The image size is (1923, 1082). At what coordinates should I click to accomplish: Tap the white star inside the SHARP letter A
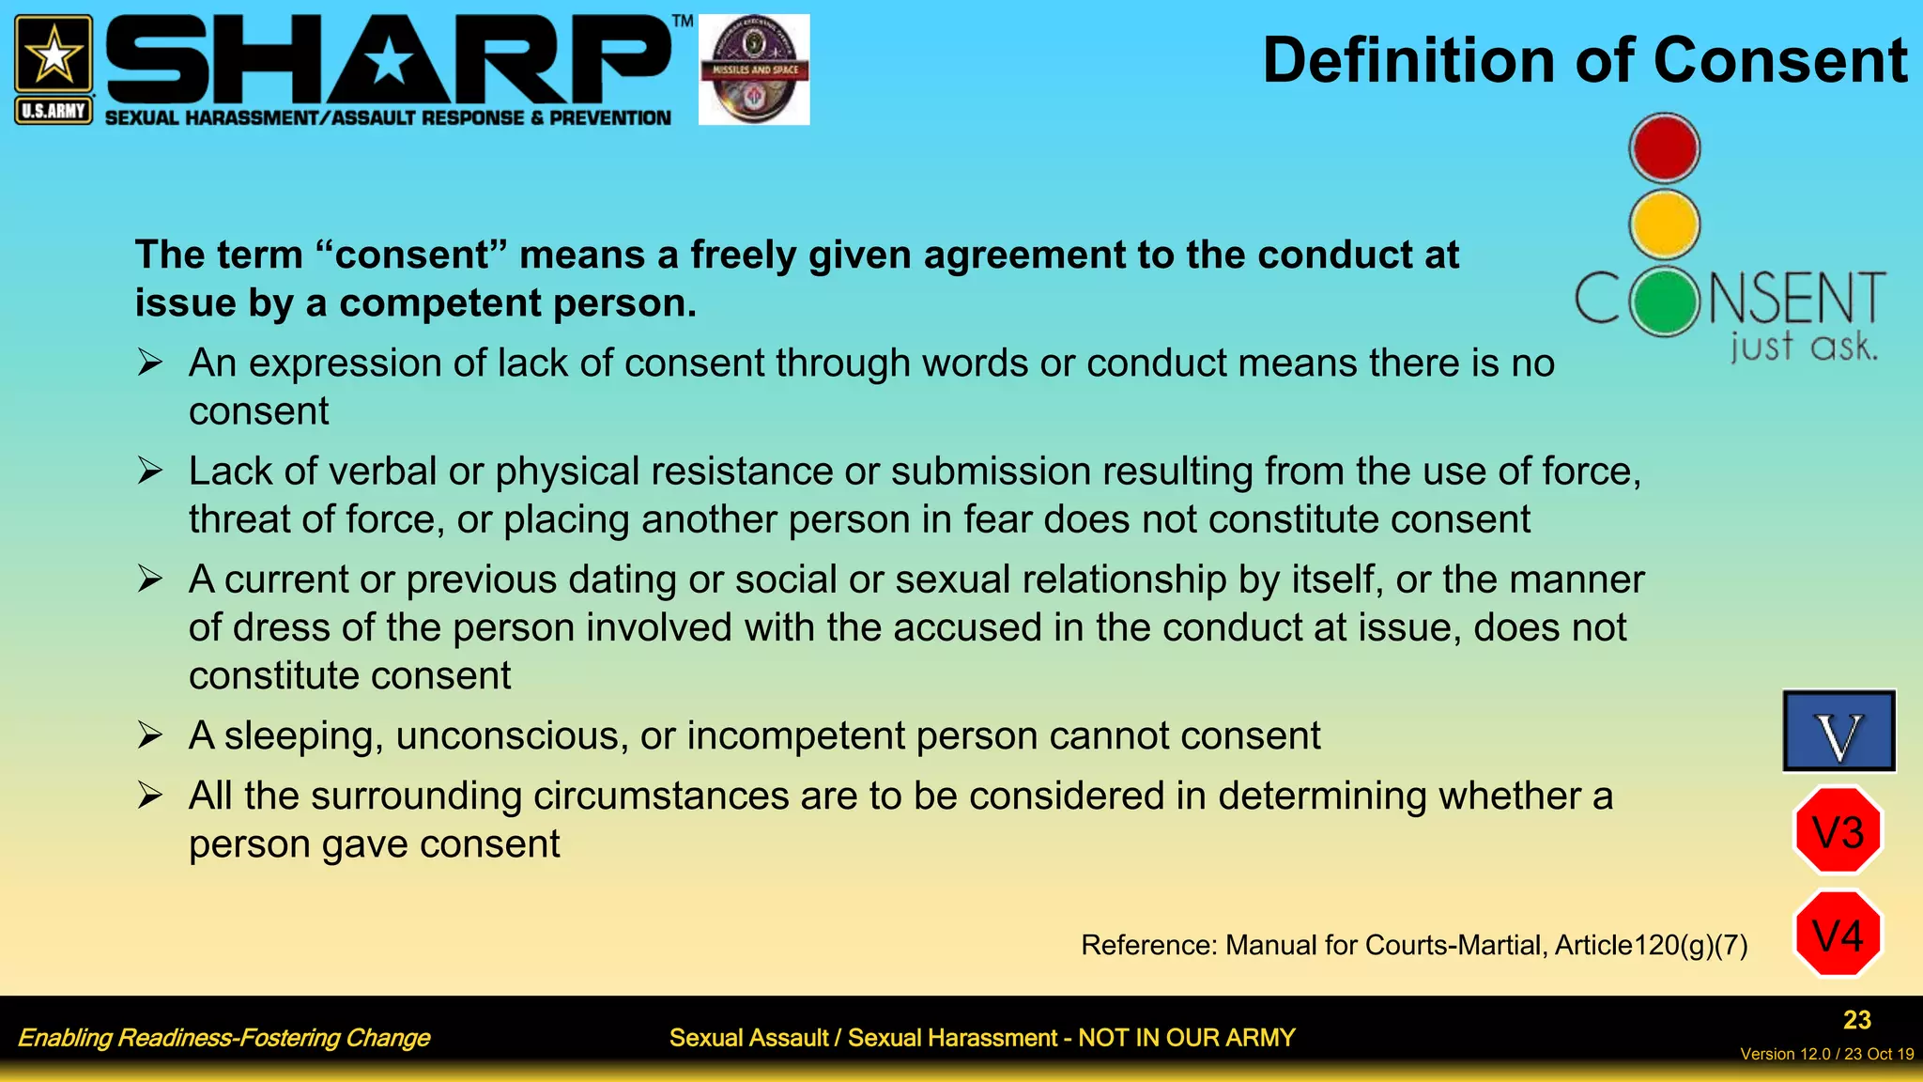click(389, 63)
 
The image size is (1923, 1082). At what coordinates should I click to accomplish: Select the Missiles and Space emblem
click(754, 70)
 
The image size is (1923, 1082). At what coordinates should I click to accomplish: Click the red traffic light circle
click(1664, 148)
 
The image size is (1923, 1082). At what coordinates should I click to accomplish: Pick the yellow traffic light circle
click(1664, 224)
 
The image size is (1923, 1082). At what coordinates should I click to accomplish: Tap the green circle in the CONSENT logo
click(1665, 301)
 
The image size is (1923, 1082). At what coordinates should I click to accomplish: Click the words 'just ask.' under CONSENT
click(1804, 347)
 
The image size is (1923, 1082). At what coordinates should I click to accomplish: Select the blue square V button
click(1838, 731)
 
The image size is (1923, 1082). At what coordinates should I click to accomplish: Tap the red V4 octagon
click(1838, 935)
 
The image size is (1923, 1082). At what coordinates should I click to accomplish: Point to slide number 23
click(1856, 1020)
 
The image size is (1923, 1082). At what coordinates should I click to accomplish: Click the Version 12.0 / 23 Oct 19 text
click(1826, 1054)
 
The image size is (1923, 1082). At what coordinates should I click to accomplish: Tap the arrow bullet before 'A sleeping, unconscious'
click(150, 735)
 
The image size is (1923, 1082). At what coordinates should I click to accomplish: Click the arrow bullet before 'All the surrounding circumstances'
click(150, 796)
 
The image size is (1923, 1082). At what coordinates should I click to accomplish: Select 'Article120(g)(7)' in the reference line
click(1651, 945)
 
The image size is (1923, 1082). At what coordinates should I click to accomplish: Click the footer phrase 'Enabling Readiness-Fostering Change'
click(223, 1038)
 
